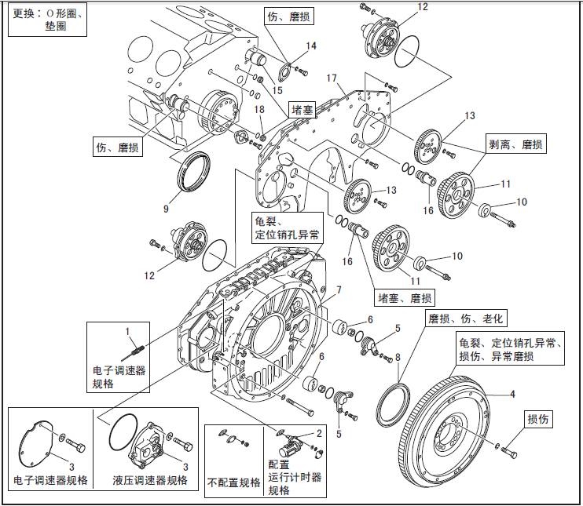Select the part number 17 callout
(x=332, y=79)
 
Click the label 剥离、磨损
(x=515, y=145)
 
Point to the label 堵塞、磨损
(x=405, y=298)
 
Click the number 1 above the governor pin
(x=127, y=332)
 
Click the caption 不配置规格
(x=234, y=482)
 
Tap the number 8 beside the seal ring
(x=398, y=357)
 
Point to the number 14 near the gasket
(x=311, y=46)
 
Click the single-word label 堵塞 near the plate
(x=304, y=110)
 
